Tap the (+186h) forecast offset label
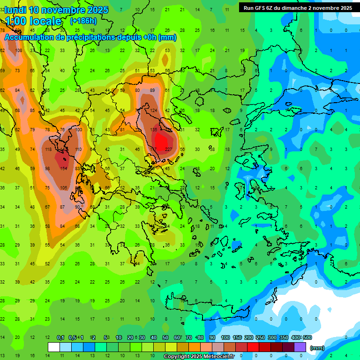[83, 21]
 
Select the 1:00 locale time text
[34, 21]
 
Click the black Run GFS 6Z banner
[298, 8]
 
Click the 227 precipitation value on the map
[168, 150]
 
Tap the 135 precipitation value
[153, 130]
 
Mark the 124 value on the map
[153, 111]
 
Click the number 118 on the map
[48, 150]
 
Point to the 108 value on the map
[18, 51]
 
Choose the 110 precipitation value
[78, 150]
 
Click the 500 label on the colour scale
[307, 337]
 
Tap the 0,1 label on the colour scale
[60, 337]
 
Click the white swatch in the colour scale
[53, 347]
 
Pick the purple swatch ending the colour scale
[300, 347]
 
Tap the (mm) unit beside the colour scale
[317, 348]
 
